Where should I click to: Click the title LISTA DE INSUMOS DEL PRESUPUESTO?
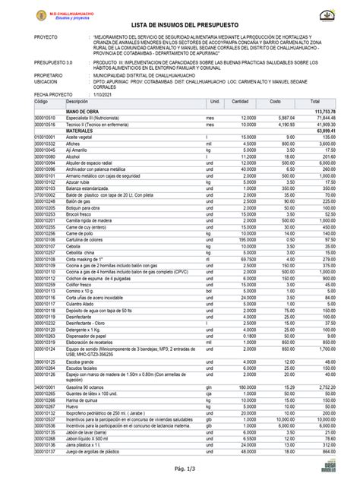coord(180,27)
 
